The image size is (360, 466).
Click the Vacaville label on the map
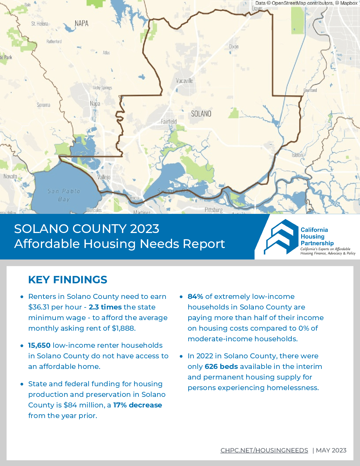[x=184, y=81]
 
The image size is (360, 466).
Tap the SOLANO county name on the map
[x=201, y=114]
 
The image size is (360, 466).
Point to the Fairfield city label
[x=169, y=122]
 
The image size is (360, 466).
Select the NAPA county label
[x=81, y=23]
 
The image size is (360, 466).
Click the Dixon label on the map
[x=234, y=46]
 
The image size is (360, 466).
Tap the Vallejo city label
[x=104, y=177]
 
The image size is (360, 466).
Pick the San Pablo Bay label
[x=64, y=195]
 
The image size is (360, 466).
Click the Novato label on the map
[x=10, y=176]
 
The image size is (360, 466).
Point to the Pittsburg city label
[x=214, y=210]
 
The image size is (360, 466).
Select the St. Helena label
[x=40, y=24]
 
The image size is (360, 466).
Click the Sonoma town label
[x=44, y=105]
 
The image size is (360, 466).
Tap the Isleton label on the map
[x=297, y=155]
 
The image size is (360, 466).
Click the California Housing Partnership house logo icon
[x=281, y=237]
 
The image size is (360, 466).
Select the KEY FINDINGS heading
[x=68, y=280]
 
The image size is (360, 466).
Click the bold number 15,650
[x=39, y=345]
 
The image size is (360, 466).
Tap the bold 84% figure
[x=195, y=297]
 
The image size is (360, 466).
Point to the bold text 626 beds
[x=221, y=367]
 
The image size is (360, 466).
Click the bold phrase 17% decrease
[x=138, y=405]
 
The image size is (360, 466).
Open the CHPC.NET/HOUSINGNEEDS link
[x=264, y=450]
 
